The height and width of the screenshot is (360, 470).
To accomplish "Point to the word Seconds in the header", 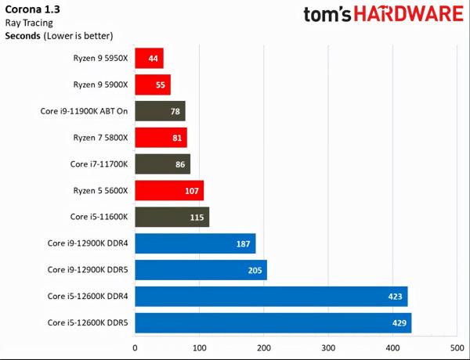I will (x=23, y=36).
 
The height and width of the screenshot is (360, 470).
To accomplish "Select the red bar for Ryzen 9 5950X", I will (x=149, y=58).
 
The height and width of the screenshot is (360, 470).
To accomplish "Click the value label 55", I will (x=160, y=85).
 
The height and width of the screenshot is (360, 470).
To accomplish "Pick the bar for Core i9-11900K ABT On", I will (x=160, y=111).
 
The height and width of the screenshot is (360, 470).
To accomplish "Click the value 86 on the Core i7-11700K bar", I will (x=180, y=164).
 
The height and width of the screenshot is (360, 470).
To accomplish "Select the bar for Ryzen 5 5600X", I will (x=169, y=190).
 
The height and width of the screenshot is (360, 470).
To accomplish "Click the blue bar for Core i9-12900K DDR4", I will (x=195, y=243).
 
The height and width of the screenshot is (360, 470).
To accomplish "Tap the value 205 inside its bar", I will (x=254, y=270).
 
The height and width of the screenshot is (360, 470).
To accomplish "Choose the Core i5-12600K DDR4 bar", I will (x=271, y=297).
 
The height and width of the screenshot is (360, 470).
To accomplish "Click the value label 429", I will (x=399, y=323).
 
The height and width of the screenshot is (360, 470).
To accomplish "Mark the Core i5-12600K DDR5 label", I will (x=87, y=323).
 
